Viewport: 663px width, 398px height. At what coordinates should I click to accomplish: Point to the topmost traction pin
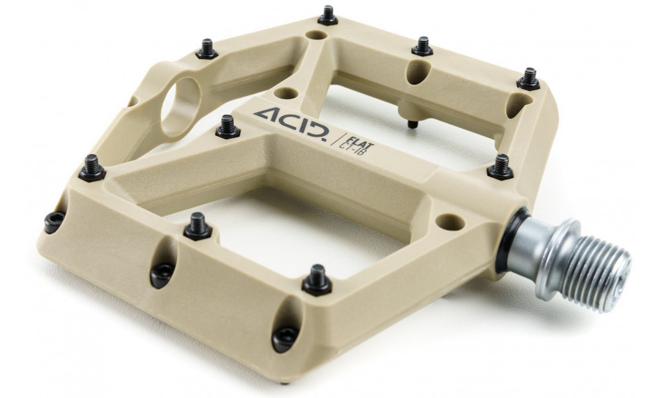[x=328, y=16]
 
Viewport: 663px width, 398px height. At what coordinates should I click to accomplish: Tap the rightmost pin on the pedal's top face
[x=529, y=79]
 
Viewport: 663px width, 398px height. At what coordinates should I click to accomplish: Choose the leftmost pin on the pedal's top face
[x=92, y=168]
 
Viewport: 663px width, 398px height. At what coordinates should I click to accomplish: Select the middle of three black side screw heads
[x=162, y=274]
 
